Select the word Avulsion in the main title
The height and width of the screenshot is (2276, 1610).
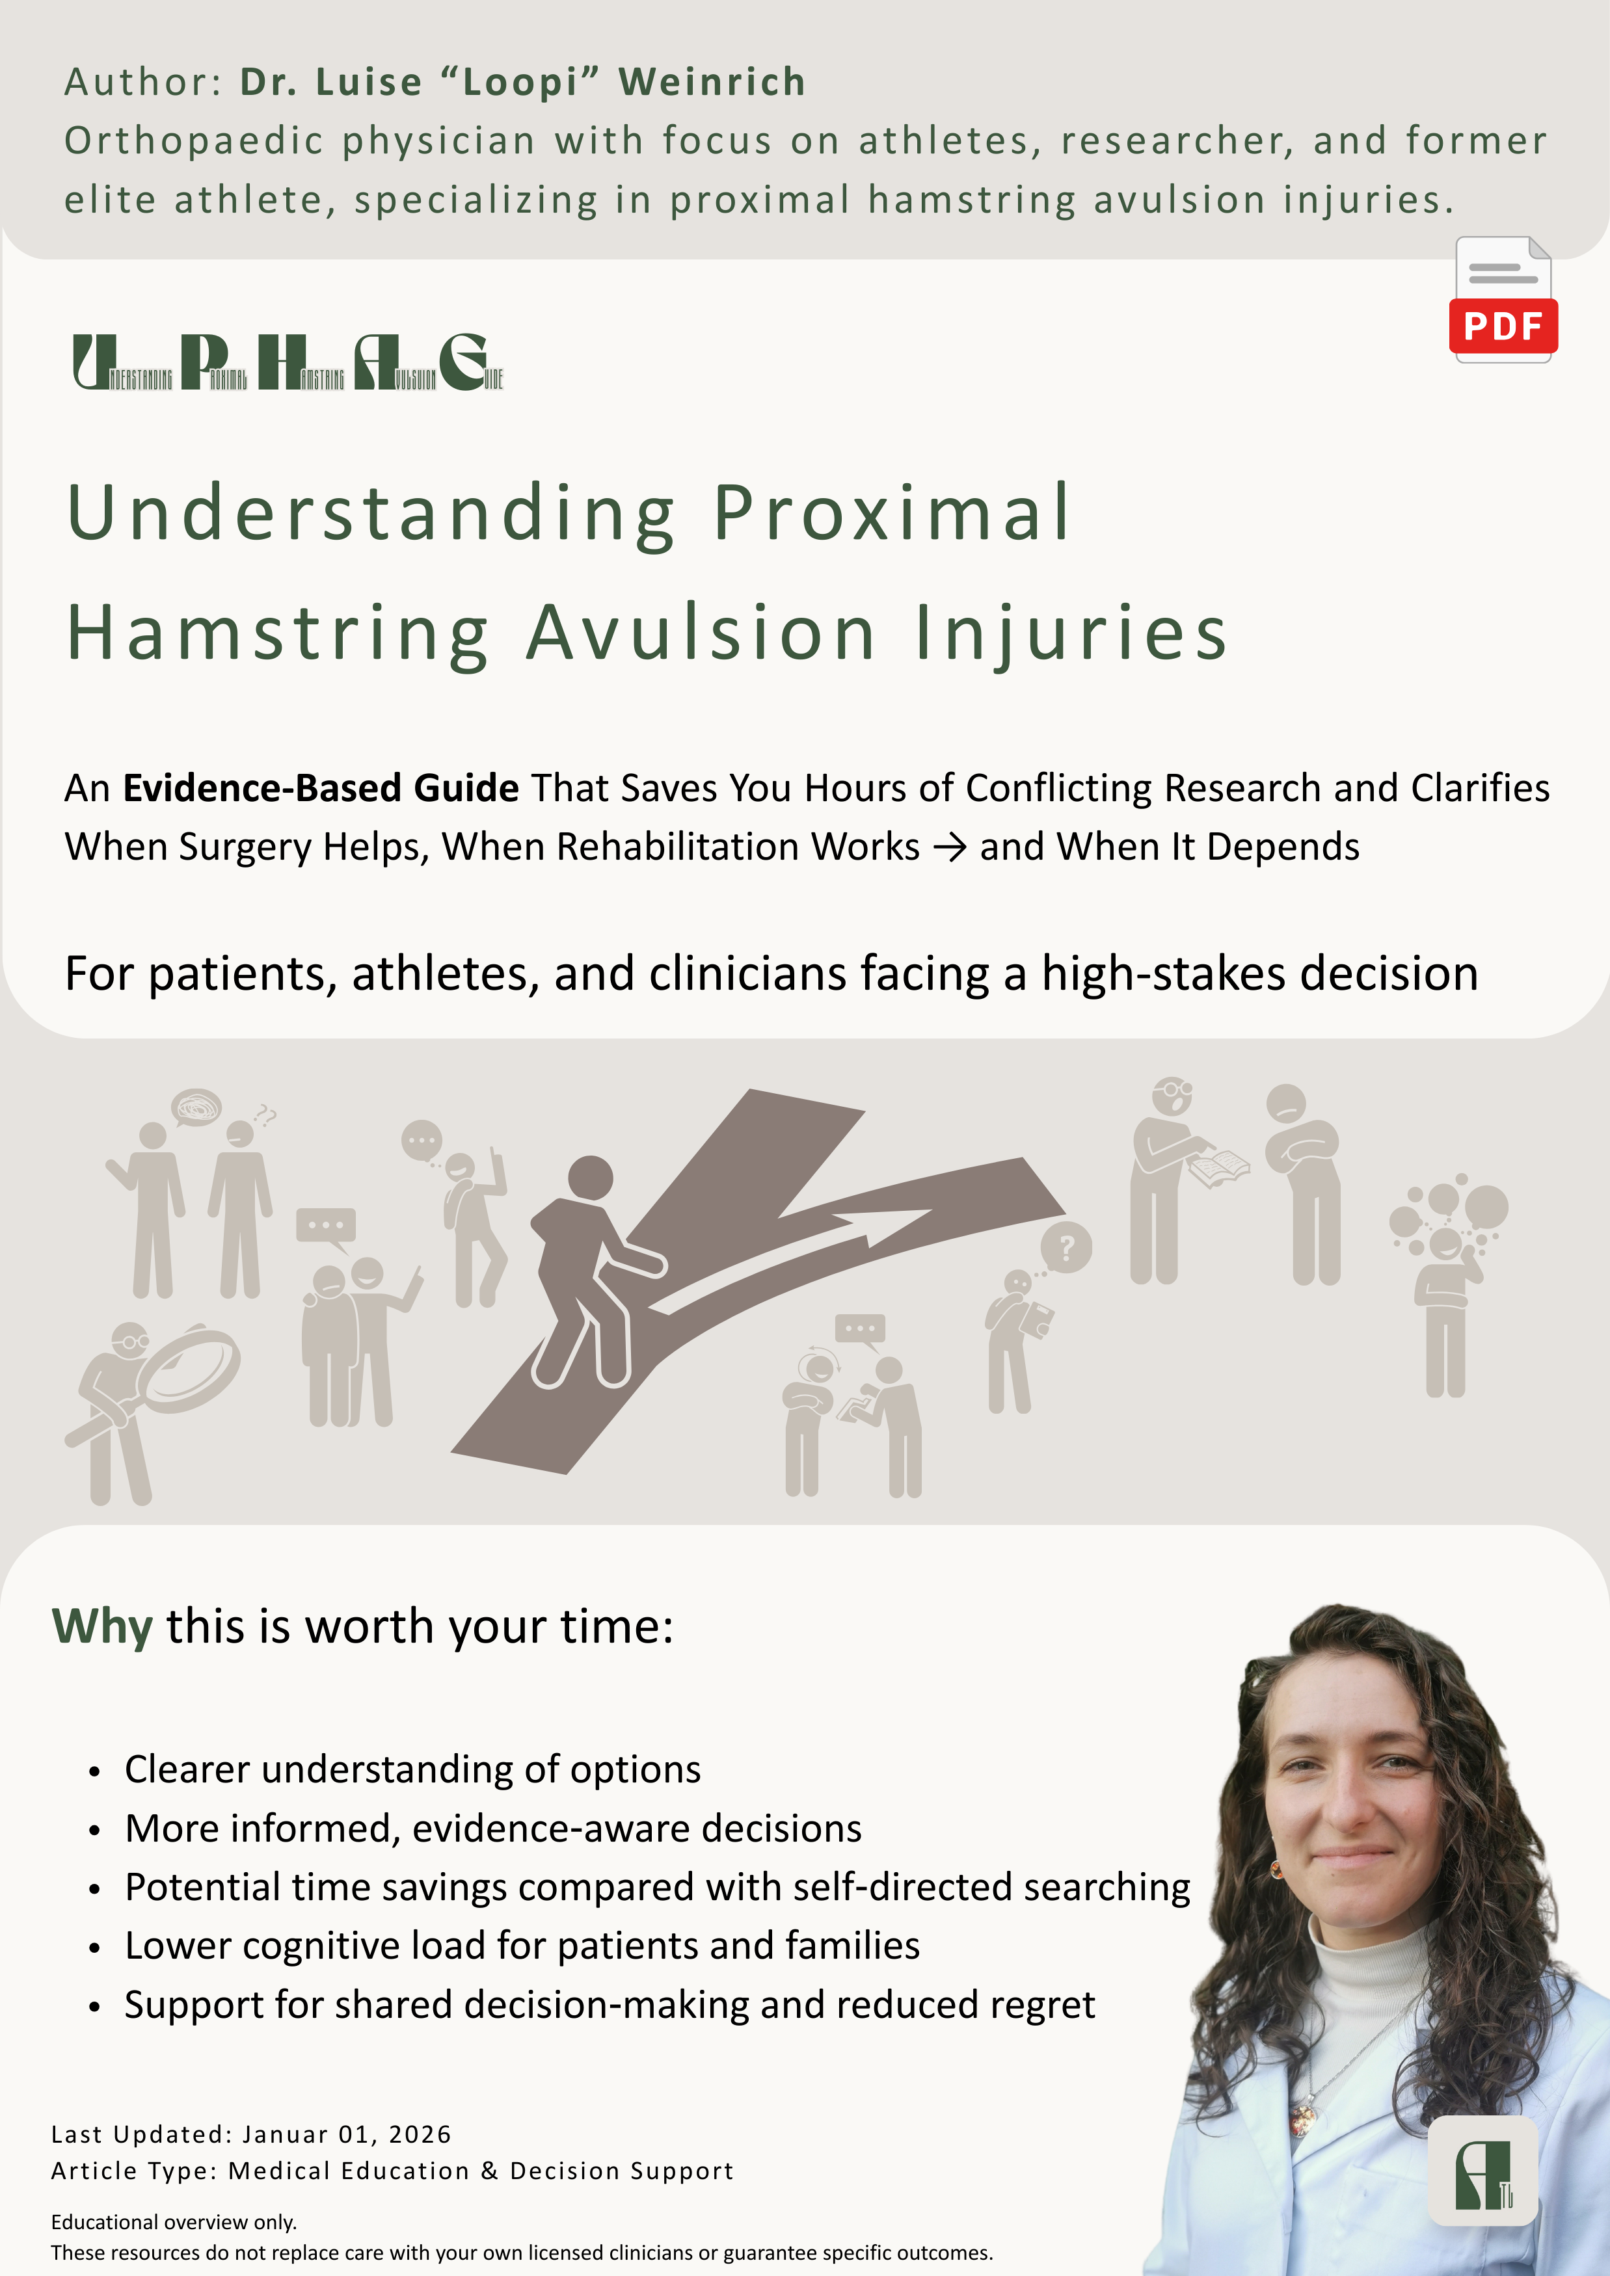701,633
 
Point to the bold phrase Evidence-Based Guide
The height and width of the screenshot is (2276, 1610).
320,788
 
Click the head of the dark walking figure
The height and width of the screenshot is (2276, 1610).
590,1180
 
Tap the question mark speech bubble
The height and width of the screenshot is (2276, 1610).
1067,1247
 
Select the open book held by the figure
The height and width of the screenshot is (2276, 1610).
1220,1167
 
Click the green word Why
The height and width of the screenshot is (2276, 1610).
102,1628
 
